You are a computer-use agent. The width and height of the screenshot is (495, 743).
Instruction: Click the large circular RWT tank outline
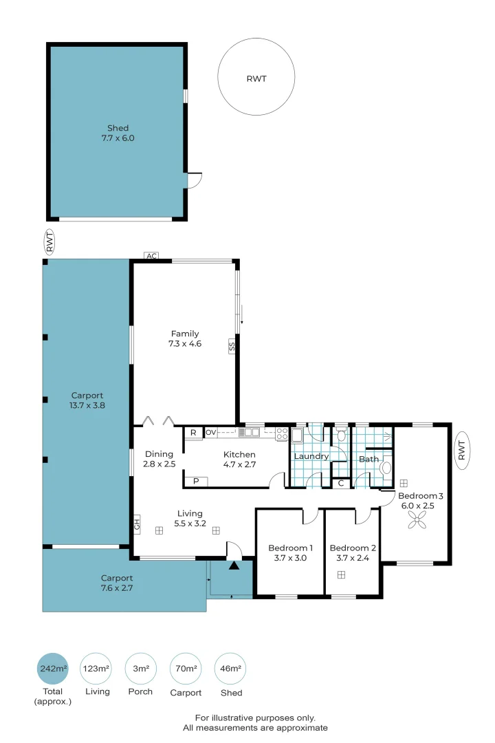tap(218, 77)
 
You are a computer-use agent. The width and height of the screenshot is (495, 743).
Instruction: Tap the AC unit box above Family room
tap(151, 256)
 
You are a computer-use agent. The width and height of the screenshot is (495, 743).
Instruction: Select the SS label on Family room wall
tap(232, 347)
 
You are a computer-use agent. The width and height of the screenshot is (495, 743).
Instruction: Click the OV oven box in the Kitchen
tap(211, 432)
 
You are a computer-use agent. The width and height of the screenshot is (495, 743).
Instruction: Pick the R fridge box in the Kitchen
tap(193, 433)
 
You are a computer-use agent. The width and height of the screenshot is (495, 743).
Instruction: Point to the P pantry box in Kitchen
tap(196, 481)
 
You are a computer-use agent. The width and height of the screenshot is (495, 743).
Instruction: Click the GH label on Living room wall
tap(137, 524)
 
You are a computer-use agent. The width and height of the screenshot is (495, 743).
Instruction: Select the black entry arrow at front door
tap(234, 566)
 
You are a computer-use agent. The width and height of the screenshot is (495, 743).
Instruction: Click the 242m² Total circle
tap(52, 669)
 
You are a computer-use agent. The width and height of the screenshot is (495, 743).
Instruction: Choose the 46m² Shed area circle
tap(231, 669)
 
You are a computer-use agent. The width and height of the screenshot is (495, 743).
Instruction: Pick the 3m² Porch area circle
tap(141, 669)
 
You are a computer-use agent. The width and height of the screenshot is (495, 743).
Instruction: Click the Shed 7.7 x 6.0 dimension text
tap(118, 138)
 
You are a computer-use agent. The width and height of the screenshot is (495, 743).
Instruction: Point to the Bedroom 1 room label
tap(290, 548)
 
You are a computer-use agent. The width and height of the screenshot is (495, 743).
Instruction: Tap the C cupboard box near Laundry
tap(340, 484)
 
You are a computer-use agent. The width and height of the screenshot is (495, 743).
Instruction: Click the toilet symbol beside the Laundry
tap(340, 435)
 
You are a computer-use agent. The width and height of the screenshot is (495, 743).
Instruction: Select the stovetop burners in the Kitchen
tap(282, 433)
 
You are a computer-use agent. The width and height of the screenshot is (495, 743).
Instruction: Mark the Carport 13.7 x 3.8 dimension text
tap(87, 405)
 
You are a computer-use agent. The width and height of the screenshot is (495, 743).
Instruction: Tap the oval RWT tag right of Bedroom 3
tap(462, 450)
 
